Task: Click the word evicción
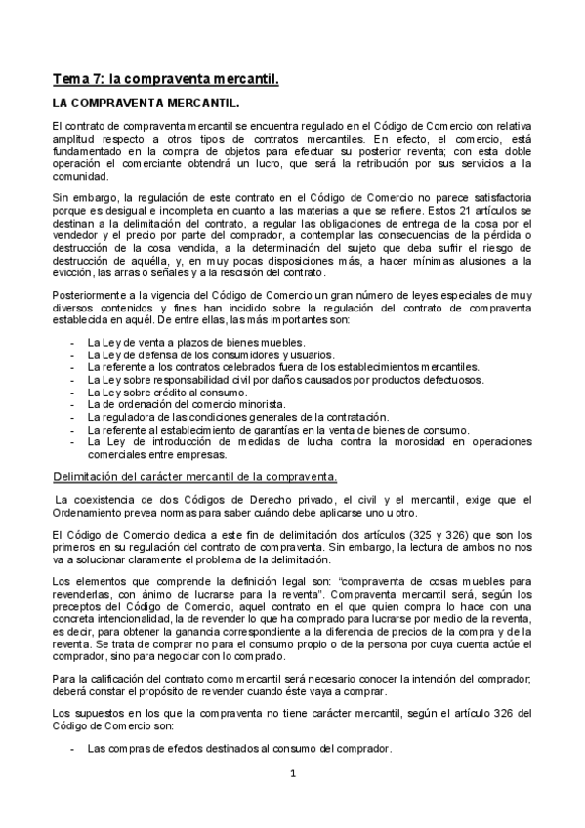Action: (72, 274)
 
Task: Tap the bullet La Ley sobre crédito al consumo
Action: (168, 393)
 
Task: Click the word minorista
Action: (258, 404)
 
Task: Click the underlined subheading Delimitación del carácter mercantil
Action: (195, 476)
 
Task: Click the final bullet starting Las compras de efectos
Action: (238, 749)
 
